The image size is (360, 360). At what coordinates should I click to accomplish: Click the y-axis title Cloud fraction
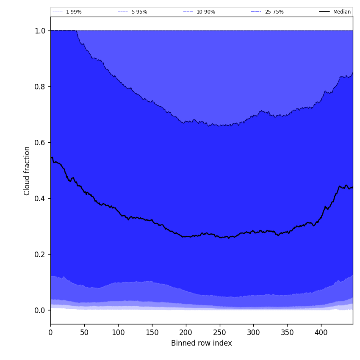coord(27,171)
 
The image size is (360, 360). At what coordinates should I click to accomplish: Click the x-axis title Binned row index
coord(201,343)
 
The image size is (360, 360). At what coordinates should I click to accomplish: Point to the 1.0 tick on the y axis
coord(40,30)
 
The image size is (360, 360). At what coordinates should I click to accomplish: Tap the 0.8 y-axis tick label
coord(40,86)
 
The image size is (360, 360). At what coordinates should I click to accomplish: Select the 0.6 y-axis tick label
coord(40,142)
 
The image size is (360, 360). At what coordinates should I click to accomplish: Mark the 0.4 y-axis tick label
coord(40,198)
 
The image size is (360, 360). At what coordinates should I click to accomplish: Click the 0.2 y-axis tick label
coord(40,254)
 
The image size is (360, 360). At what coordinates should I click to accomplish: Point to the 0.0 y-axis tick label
coord(40,310)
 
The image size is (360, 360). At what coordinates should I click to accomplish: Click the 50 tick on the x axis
coord(84,332)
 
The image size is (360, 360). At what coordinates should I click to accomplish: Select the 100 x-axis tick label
coord(118,332)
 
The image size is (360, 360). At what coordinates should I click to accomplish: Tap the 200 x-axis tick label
coord(186,332)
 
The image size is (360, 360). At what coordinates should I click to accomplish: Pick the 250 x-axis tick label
coord(219,332)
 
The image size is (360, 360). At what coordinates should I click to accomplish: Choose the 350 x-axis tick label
coord(287,332)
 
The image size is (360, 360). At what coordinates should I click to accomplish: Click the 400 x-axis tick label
coord(321,332)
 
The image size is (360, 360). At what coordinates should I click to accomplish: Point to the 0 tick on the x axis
coord(50,332)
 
